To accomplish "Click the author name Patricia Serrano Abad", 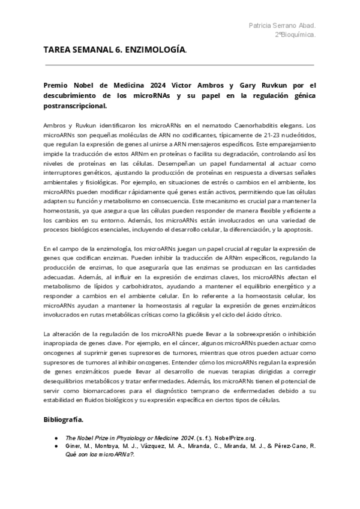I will tap(282, 25).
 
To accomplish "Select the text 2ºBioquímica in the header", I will tap(296, 35).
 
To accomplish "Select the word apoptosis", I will tap(294, 230).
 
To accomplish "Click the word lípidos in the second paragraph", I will tap(88, 286).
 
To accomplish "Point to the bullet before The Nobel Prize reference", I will tap(56, 438).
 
